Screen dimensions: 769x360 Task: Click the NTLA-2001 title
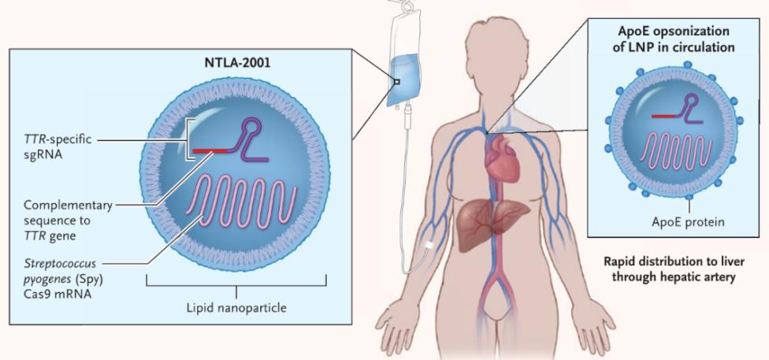(236, 64)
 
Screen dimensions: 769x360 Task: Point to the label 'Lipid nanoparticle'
(236, 309)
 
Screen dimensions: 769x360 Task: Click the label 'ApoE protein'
(688, 222)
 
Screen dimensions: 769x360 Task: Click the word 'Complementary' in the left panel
(69, 205)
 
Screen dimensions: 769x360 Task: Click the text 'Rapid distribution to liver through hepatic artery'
(674, 269)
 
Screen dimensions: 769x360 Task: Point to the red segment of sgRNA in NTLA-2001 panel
(210, 150)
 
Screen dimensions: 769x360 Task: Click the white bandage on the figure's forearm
(429, 244)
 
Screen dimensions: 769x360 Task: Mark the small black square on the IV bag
(397, 82)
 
